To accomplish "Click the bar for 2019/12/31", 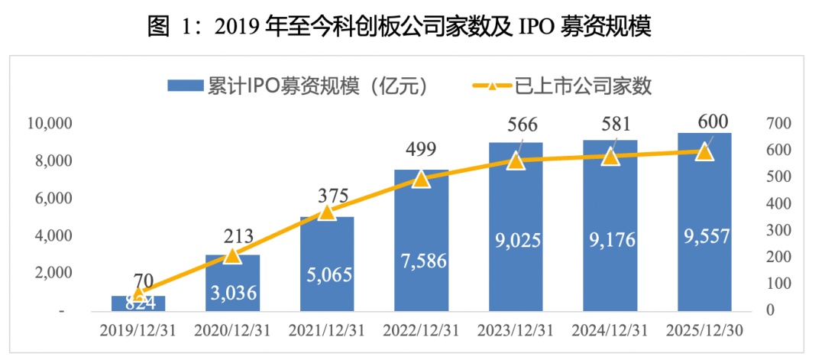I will point(139,303).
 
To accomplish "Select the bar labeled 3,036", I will point(233,283).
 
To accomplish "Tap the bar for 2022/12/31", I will point(422,241).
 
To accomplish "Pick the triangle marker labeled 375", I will point(327,211).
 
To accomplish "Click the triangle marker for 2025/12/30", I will point(704,151).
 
